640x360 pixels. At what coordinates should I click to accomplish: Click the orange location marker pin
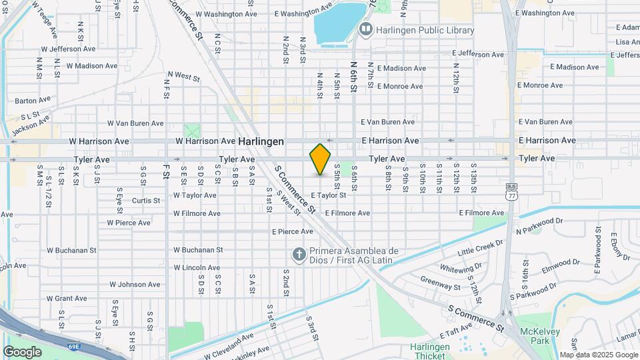[320, 159]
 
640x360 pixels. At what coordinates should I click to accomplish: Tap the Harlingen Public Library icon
[365, 29]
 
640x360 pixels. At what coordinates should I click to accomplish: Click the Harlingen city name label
[261, 141]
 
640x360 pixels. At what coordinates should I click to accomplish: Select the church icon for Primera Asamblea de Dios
[299, 255]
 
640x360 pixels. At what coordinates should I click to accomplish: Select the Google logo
[22, 351]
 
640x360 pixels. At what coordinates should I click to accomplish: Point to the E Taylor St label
[328, 195]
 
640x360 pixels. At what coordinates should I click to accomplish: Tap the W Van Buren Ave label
[135, 123]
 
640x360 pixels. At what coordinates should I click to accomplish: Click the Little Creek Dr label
[479, 249]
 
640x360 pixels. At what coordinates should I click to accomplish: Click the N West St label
[183, 77]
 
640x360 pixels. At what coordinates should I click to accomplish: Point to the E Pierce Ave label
[292, 231]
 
